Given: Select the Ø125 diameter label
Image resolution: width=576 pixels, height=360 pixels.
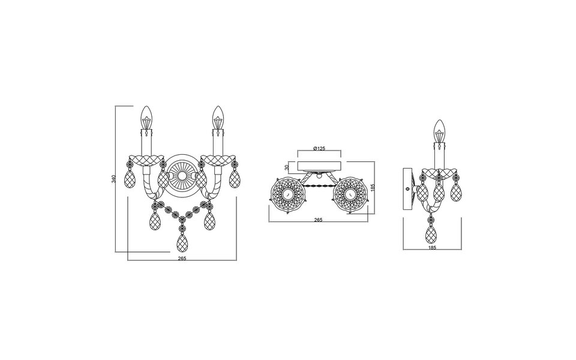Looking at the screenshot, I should pos(319,148).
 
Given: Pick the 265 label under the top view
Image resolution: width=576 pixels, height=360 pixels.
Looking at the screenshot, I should pos(318,220).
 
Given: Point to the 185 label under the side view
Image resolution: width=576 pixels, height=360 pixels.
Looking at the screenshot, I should pos(432,247).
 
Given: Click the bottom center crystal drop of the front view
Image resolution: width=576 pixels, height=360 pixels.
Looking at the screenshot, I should pos(182,243).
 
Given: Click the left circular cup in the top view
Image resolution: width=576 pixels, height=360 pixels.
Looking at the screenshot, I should pos(287,194).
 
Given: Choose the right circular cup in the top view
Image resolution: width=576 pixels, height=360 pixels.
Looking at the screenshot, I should pos(350,194).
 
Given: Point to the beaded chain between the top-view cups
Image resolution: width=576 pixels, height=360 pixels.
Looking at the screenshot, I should pos(319,187).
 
